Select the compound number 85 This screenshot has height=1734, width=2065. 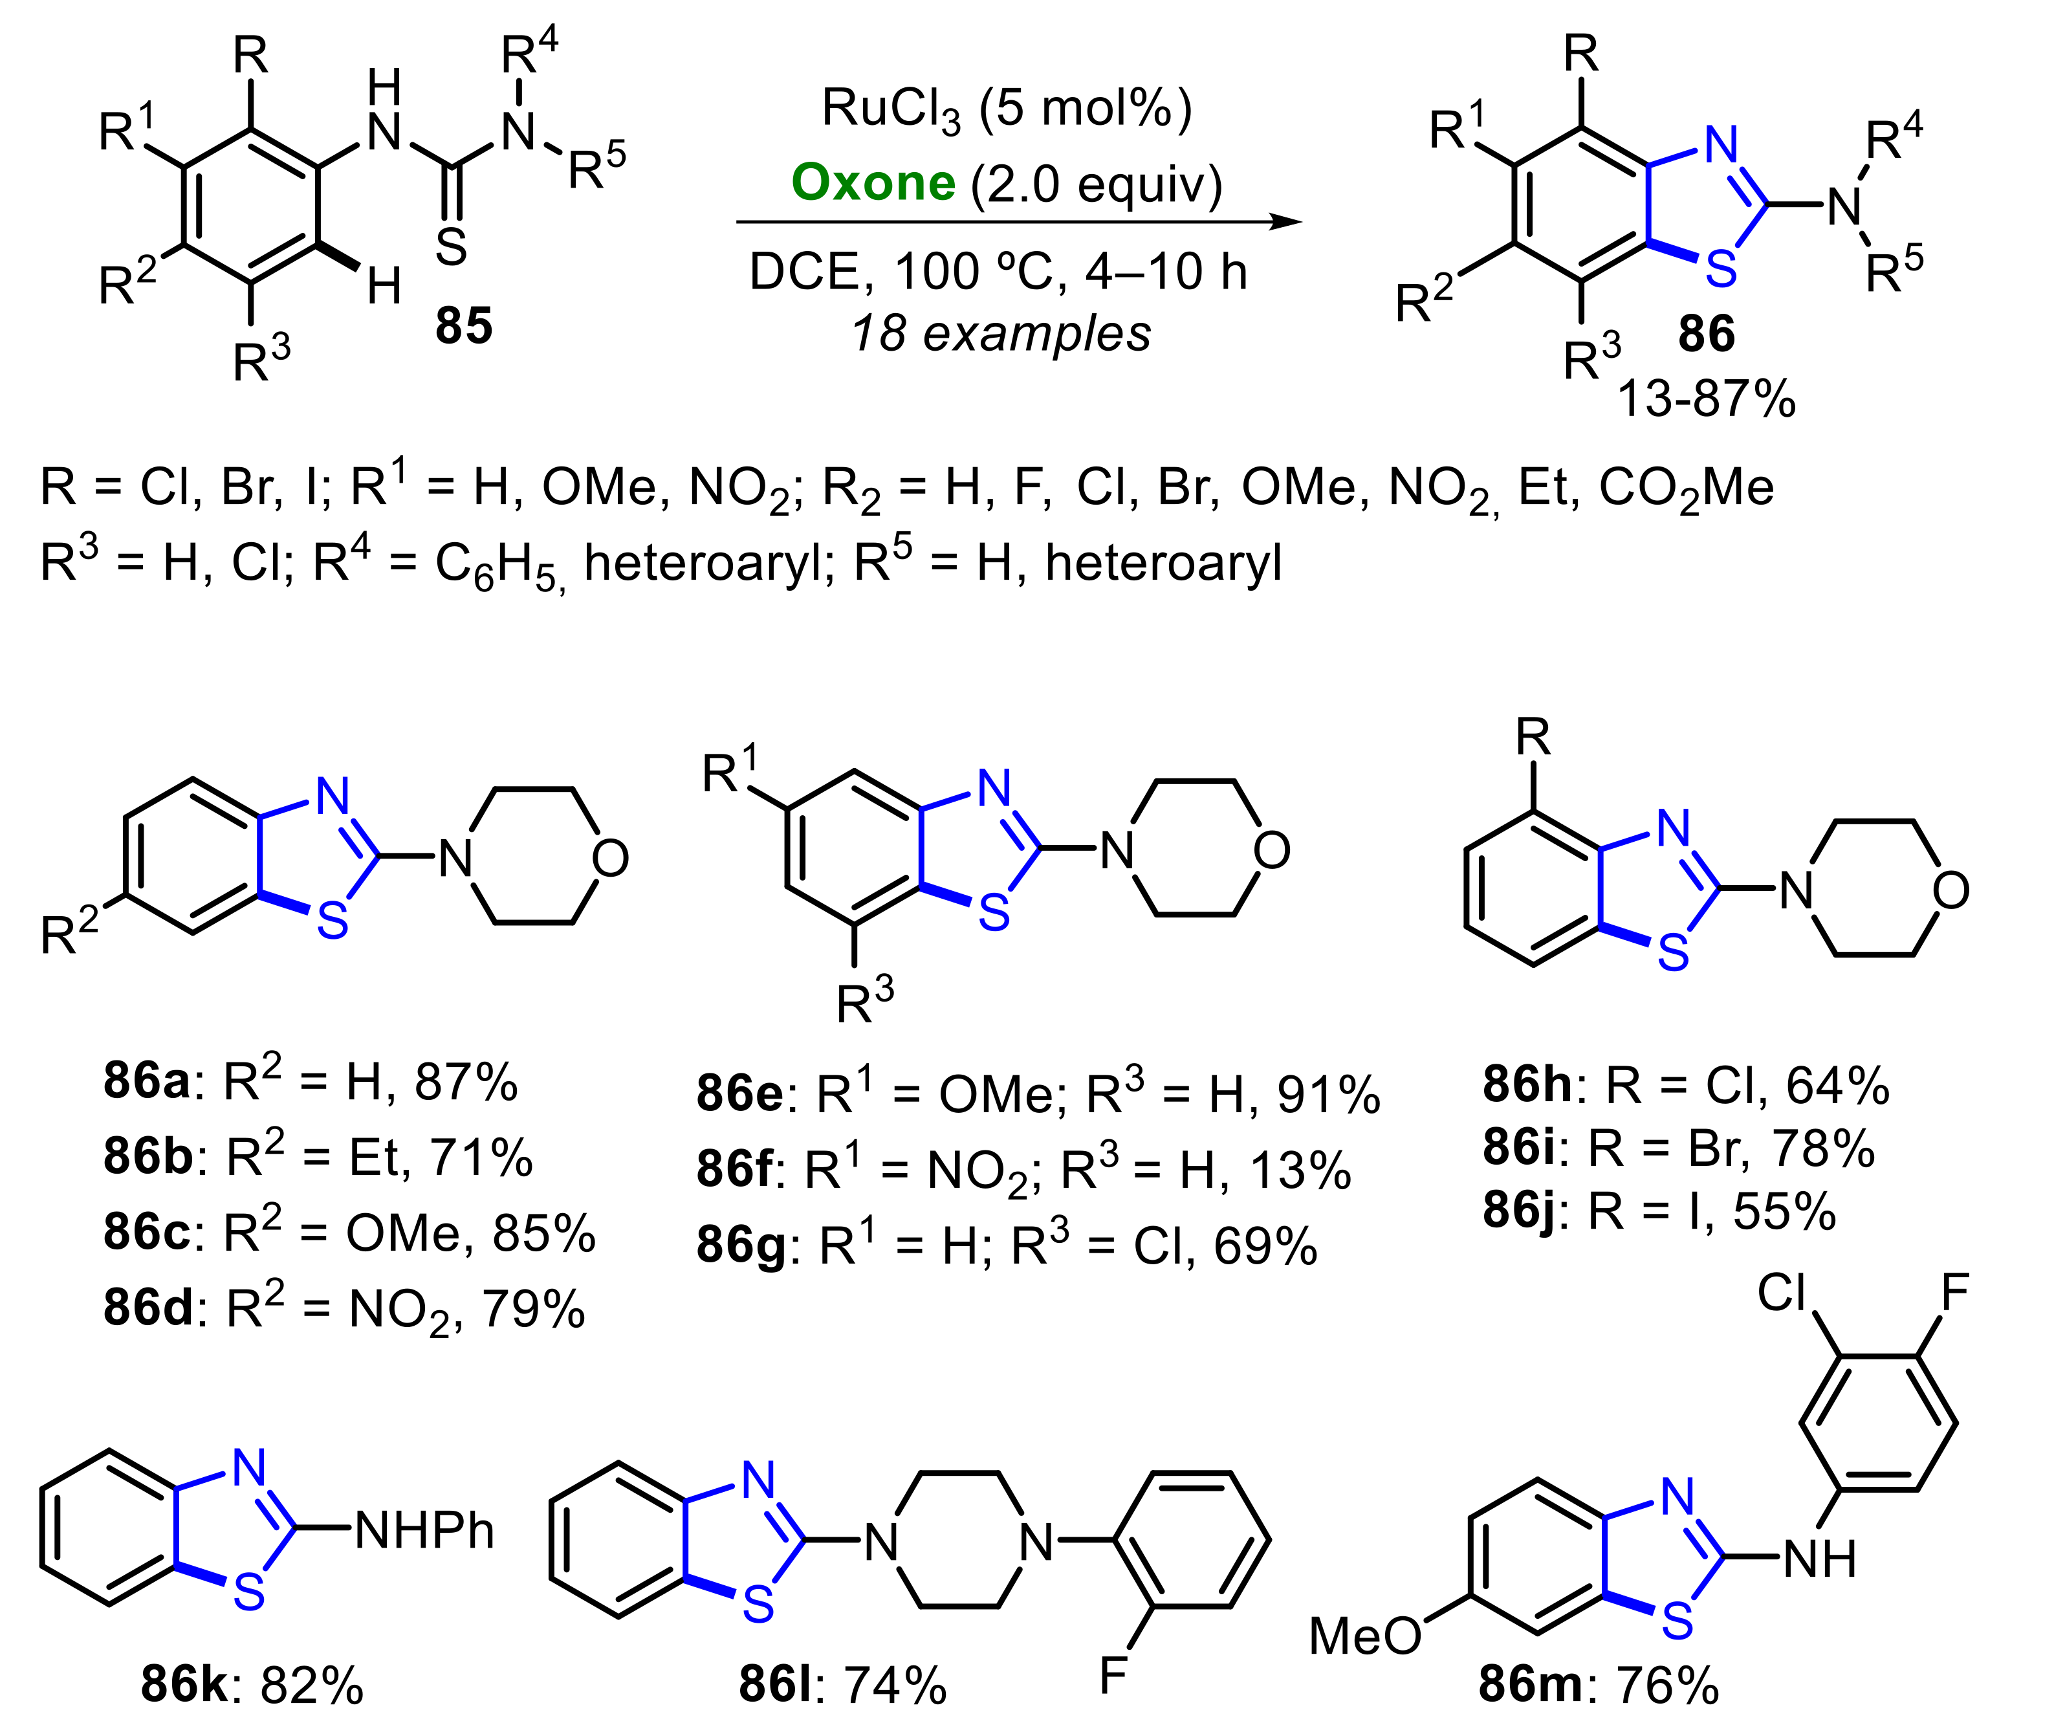point(463,325)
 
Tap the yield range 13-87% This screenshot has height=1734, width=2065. point(1705,399)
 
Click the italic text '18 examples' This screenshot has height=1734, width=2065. point(1000,333)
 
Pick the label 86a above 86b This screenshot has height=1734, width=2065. point(146,1081)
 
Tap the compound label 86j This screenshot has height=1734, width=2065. point(1518,1210)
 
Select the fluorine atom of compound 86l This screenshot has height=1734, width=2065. point(1112,1675)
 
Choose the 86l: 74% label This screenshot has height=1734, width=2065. point(843,1685)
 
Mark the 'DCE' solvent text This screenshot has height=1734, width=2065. point(804,272)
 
